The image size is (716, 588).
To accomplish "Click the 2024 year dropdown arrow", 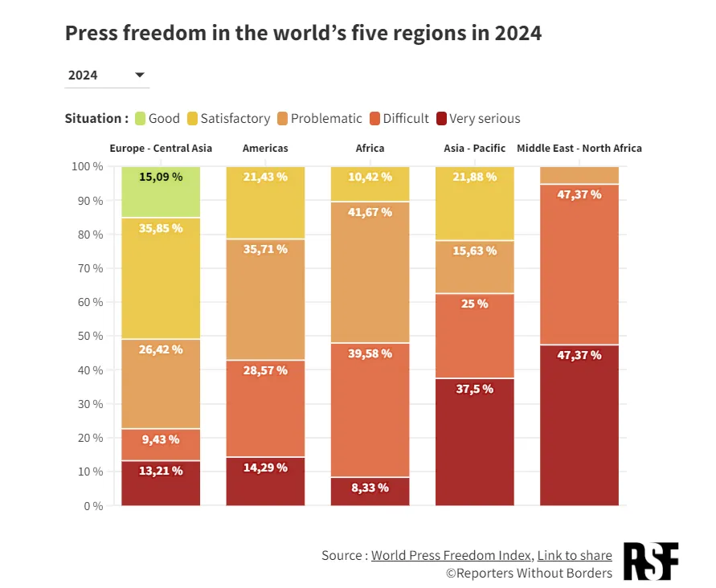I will tap(140, 75).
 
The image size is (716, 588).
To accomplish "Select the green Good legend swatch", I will tap(140, 119).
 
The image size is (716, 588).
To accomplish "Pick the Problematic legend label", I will tap(326, 119).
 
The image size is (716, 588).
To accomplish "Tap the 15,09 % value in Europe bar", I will tap(161, 177).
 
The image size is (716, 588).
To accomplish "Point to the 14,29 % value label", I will tap(265, 468).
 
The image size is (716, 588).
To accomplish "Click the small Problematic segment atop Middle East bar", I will tap(579, 175).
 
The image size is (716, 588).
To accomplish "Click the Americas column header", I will tap(265, 149).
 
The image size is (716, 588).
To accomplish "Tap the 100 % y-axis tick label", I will tap(88, 166).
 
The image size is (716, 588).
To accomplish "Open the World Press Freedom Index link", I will tap(451, 555).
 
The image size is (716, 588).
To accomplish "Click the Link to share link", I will tap(575, 555).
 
